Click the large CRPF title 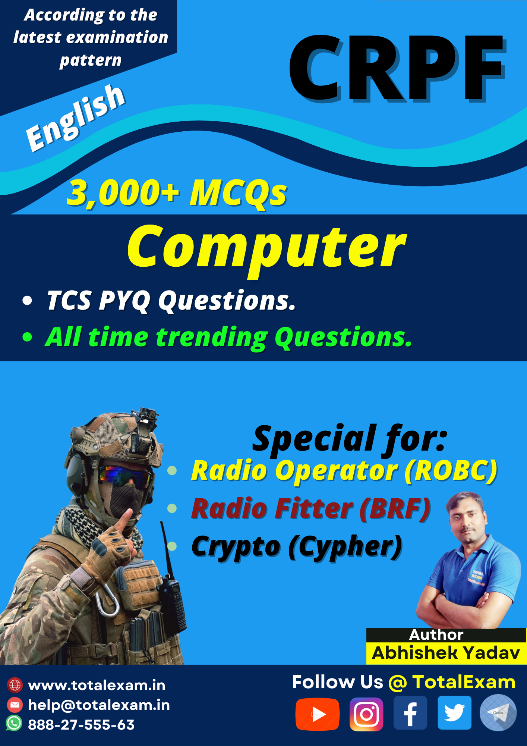pyautogui.click(x=397, y=68)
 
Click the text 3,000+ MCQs pyautogui.click(x=177, y=193)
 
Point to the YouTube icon pyautogui.click(x=317, y=714)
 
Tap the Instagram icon pyautogui.click(x=366, y=714)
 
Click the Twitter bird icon pyautogui.click(x=454, y=713)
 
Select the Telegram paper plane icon pyautogui.click(x=498, y=713)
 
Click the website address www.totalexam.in pyautogui.click(x=97, y=686)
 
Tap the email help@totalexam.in pyautogui.click(x=99, y=705)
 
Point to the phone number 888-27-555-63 pyautogui.click(x=81, y=725)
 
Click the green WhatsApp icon pyautogui.click(x=14, y=723)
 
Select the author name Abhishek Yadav pyautogui.click(x=446, y=653)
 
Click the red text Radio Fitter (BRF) pyautogui.click(x=311, y=509)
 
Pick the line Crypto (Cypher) pyautogui.click(x=297, y=547)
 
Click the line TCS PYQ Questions pyautogui.click(x=171, y=300)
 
